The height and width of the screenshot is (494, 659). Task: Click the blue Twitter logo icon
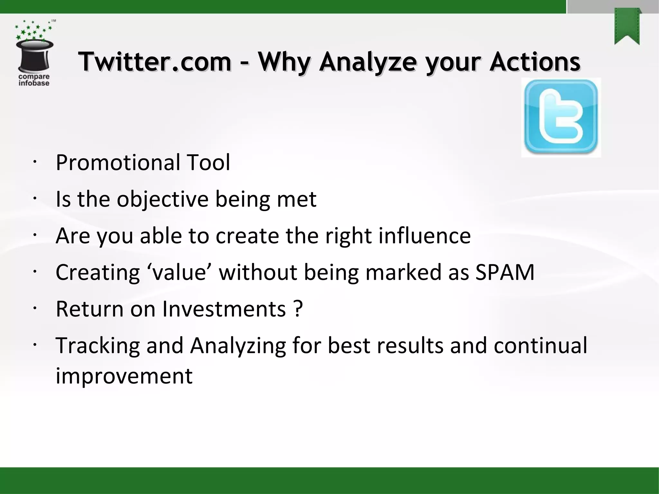coord(561,117)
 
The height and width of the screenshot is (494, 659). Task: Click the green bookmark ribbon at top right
coord(627,27)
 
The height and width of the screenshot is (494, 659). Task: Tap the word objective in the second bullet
coord(162,199)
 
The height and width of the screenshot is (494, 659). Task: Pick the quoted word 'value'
coord(179,272)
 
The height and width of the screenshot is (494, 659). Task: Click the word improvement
coord(124,376)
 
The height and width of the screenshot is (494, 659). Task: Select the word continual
coord(540,346)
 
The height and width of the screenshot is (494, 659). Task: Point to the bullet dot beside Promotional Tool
coord(35,162)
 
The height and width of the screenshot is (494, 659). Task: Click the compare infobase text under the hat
coord(34,80)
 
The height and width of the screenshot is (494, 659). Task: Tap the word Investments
coord(224,309)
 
